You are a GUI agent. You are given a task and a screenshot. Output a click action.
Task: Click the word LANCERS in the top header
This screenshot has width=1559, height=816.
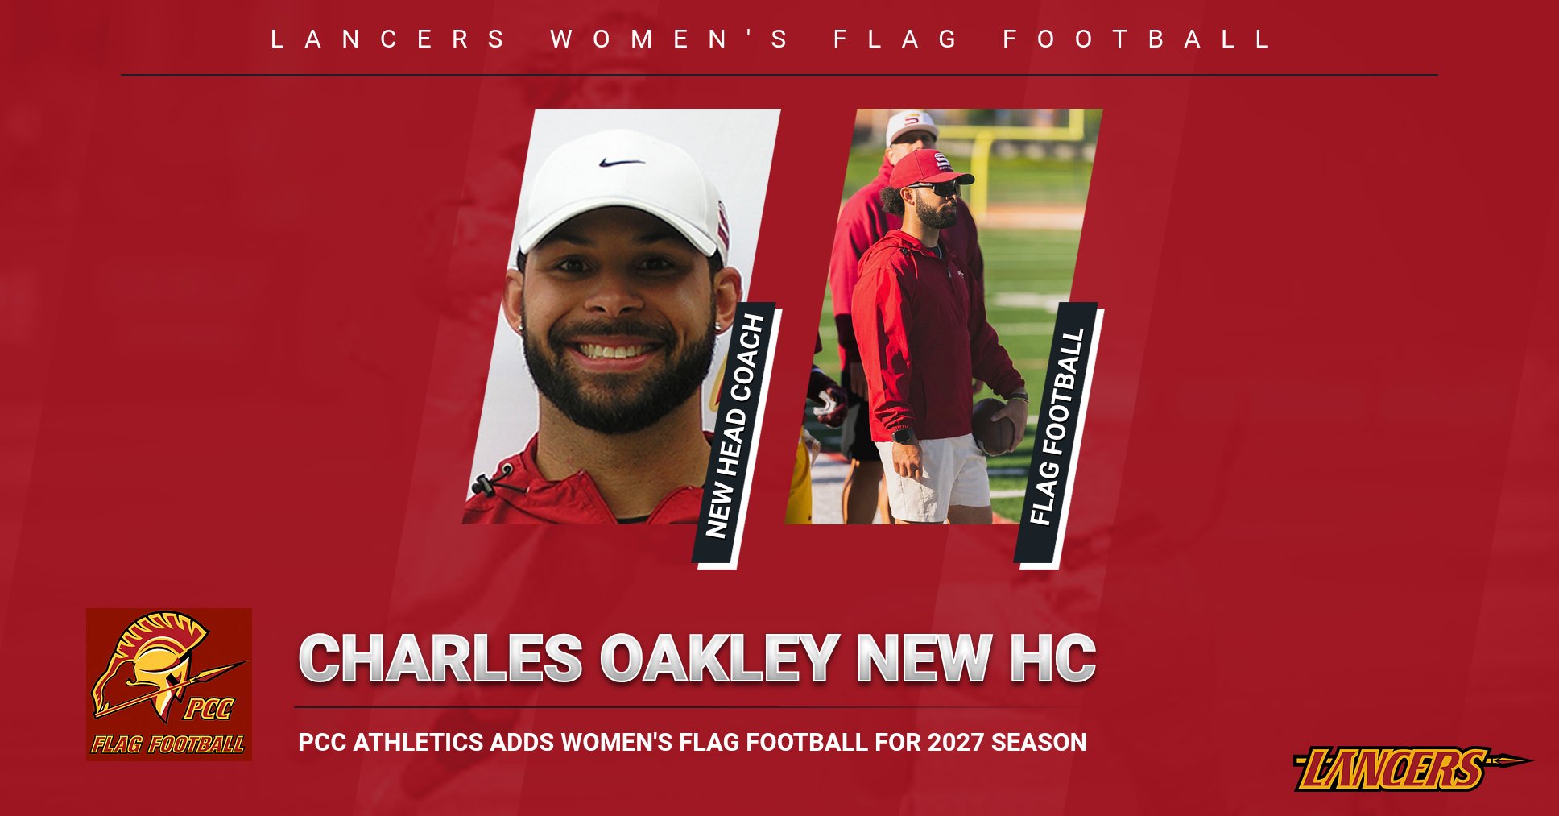[x=387, y=39]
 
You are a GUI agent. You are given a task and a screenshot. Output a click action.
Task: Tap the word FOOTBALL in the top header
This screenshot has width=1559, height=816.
[x=1136, y=39]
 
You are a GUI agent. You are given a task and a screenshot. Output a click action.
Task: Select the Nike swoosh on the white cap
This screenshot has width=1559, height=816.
[x=621, y=162]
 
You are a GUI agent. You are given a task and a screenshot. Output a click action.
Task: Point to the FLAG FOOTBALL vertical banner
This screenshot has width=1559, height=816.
[x=1058, y=435]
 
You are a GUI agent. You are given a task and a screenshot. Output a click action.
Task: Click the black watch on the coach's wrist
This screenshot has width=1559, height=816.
[x=903, y=436]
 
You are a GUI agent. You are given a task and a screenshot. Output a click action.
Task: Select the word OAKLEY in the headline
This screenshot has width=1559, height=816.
[x=719, y=658]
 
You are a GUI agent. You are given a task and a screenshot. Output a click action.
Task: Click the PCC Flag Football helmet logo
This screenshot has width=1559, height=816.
[x=169, y=685]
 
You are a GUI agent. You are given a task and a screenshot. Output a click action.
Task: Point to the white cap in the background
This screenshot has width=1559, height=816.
[x=910, y=126]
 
